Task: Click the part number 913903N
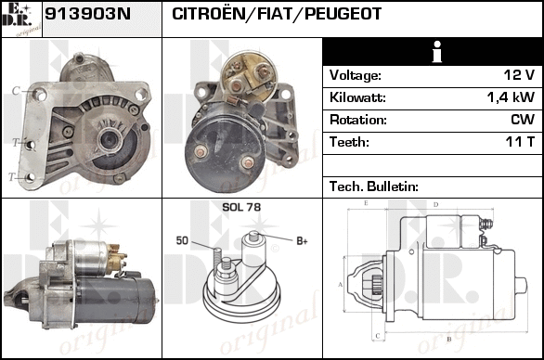(x=88, y=14)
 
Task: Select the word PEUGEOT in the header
(x=343, y=14)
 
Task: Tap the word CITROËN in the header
(x=209, y=13)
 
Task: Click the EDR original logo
(x=21, y=19)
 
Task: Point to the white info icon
(x=437, y=52)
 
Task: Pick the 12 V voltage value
(x=519, y=75)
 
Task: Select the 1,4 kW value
(x=511, y=97)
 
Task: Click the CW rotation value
(x=523, y=120)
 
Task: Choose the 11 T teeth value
(x=520, y=142)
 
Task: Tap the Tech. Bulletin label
(x=374, y=186)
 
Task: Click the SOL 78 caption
(x=241, y=207)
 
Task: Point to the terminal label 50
(x=182, y=240)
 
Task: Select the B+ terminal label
(x=302, y=240)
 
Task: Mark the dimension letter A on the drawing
(x=341, y=285)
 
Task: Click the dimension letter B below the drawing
(x=449, y=339)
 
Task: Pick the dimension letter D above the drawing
(x=436, y=205)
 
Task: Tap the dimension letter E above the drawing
(x=366, y=203)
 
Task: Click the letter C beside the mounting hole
(x=16, y=91)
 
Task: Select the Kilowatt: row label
(x=357, y=97)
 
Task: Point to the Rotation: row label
(x=358, y=120)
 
